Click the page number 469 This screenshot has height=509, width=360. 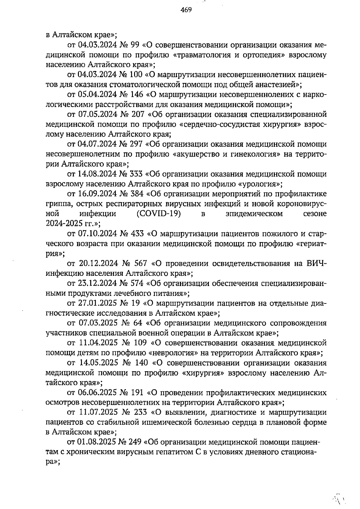coord(186,10)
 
